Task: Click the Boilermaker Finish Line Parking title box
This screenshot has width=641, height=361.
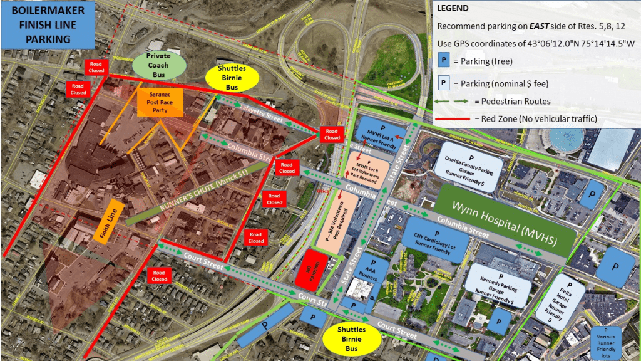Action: [x=48, y=25]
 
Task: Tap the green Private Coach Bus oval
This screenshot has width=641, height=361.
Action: [x=158, y=65]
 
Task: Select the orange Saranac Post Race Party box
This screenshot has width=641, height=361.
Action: [x=160, y=102]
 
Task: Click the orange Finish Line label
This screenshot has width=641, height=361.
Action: [x=107, y=221]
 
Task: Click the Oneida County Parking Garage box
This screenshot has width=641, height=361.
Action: [x=468, y=165]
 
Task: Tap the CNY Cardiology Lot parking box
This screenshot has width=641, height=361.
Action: [x=438, y=238]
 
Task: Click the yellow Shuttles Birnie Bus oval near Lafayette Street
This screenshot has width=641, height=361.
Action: [x=232, y=78]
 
